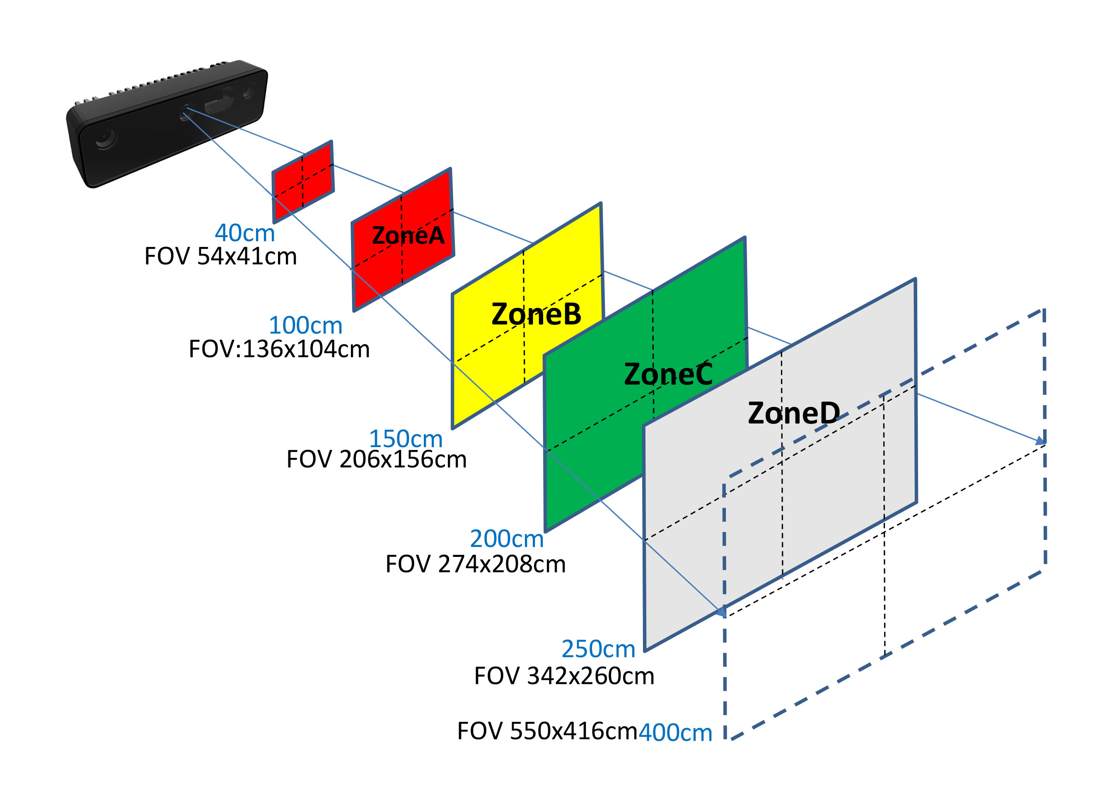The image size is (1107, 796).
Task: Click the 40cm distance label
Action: [x=244, y=233]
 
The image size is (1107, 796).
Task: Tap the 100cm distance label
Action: [x=306, y=326]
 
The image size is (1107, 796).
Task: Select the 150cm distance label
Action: [x=406, y=439]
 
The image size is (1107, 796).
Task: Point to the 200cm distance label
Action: [x=507, y=539]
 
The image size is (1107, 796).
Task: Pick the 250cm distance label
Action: [x=598, y=649]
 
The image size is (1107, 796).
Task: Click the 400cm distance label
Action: [x=676, y=733]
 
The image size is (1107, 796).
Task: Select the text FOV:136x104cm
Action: [x=279, y=349]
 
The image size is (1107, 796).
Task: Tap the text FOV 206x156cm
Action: [x=376, y=460]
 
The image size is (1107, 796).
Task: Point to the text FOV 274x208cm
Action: [x=475, y=564]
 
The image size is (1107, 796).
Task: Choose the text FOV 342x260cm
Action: [x=564, y=676]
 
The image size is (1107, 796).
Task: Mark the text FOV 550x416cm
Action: [x=547, y=731]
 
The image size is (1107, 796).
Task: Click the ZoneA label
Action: [x=408, y=236]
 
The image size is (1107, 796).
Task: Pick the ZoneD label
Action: [x=794, y=414]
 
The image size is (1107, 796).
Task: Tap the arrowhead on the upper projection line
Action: [x=1041, y=441]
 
